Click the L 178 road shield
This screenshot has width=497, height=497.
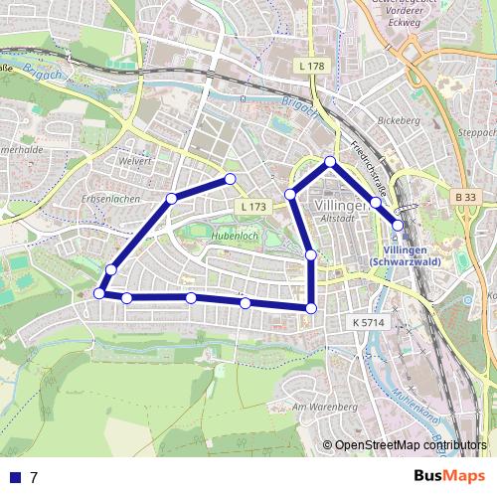[x=311, y=66]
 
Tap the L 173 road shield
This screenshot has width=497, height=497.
[x=253, y=206]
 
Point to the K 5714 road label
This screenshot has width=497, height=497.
[x=367, y=322]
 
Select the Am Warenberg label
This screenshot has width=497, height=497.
[x=324, y=408]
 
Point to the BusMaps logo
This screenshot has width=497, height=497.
[x=448, y=476]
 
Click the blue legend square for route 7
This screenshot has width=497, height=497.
[x=15, y=477]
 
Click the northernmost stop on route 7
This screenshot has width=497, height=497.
[x=330, y=161]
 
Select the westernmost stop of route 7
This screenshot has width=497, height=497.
[x=99, y=292]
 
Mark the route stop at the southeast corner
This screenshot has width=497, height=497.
[x=311, y=308]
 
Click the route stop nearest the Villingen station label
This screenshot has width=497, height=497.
[x=398, y=225]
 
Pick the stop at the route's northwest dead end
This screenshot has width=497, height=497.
[x=231, y=179]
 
